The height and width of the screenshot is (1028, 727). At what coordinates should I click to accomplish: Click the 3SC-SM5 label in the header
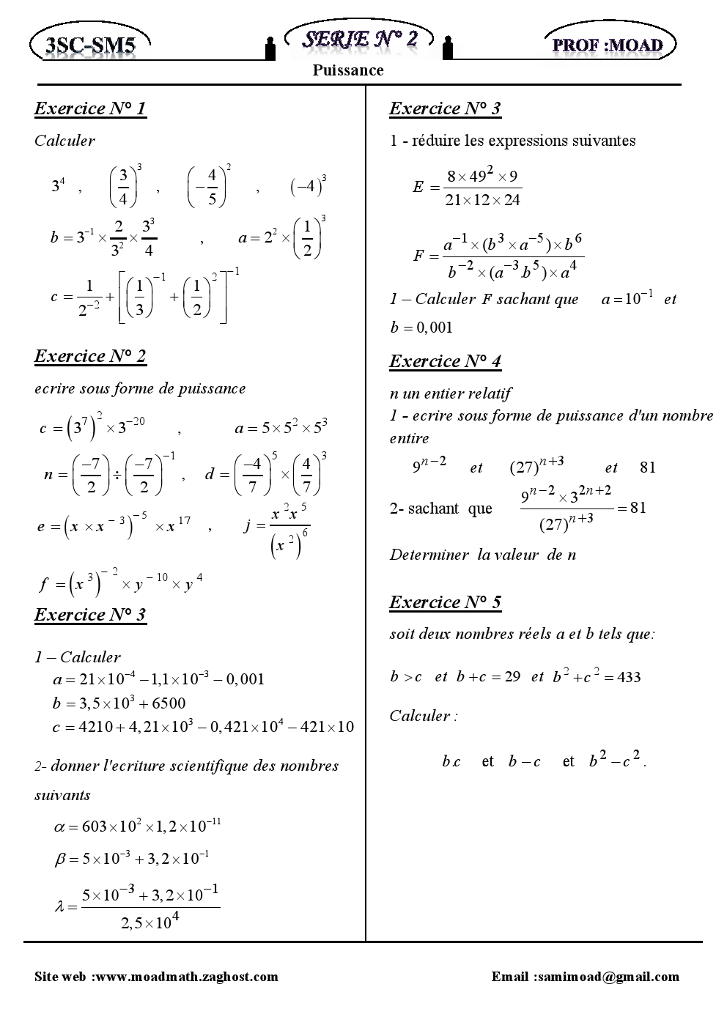pyautogui.click(x=90, y=46)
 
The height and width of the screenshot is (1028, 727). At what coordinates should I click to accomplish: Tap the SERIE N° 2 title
pyautogui.click(x=360, y=39)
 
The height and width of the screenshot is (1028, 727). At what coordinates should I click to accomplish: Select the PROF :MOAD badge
pyautogui.click(x=608, y=45)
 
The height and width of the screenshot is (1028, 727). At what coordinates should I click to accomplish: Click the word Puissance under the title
pyautogui.click(x=348, y=70)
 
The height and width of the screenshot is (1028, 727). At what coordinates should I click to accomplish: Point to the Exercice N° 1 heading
pyautogui.click(x=90, y=109)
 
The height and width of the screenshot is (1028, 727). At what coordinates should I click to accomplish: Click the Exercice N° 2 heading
pyautogui.click(x=90, y=357)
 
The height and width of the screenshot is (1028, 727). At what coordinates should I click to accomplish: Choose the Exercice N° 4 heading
pyautogui.click(x=445, y=362)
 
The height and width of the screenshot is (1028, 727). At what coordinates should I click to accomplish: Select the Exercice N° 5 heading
pyautogui.click(x=445, y=603)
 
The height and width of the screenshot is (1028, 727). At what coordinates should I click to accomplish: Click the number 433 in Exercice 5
pyautogui.click(x=629, y=678)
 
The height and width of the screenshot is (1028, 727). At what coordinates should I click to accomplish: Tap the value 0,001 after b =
pyautogui.click(x=435, y=328)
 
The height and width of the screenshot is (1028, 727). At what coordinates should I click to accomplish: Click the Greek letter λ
pyautogui.click(x=61, y=907)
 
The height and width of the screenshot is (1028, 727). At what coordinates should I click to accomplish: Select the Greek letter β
pyautogui.click(x=62, y=859)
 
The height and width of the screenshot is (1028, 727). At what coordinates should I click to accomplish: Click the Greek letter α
pyautogui.click(x=60, y=827)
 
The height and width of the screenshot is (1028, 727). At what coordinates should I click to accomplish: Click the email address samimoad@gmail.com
pyautogui.click(x=607, y=977)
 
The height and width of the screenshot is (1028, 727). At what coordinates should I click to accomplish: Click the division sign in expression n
pyautogui.click(x=116, y=475)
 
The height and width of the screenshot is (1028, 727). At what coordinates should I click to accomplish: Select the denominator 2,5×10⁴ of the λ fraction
pyautogui.click(x=150, y=922)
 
